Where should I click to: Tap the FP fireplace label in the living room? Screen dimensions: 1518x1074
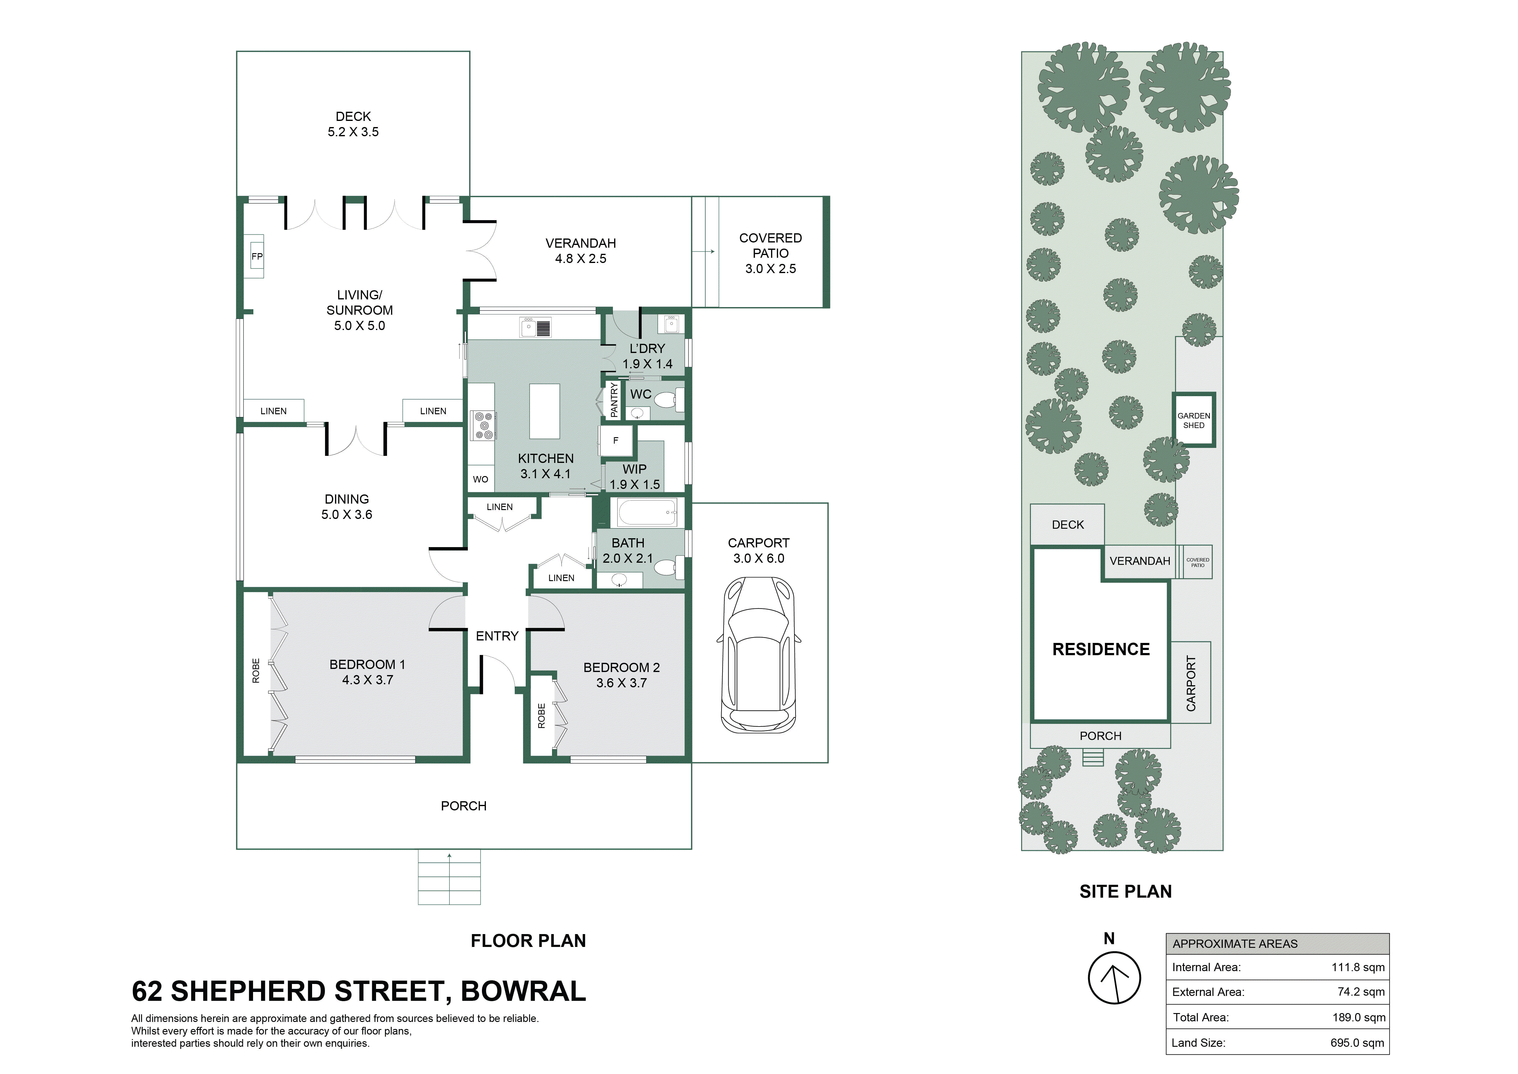click(x=256, y=257)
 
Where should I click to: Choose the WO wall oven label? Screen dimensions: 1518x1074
click(x=481, y=479)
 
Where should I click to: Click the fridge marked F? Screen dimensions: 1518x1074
click(x=616, y=441)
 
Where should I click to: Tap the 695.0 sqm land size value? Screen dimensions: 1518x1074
click(x=1357, y=1043)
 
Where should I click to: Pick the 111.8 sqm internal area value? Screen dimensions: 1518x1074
click(x=1358, y=967)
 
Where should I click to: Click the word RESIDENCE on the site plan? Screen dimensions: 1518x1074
click(x=1101, y=649)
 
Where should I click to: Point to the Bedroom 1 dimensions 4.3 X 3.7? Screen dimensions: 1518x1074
click(x=367, y=680)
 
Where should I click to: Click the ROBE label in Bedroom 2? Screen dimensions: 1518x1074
click(x=542, y=715)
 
